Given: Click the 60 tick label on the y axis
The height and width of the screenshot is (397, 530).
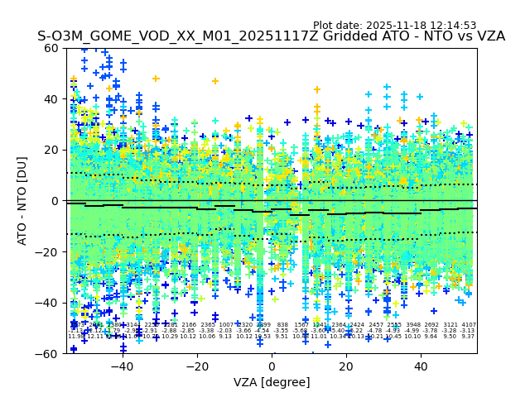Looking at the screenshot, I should click(52, 48).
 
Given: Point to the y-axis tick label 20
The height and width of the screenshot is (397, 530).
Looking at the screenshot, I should click(52, 150).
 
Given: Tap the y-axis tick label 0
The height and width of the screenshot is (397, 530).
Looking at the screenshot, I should click(55, 201).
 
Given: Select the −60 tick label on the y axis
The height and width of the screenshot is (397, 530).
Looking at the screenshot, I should click(49, 354).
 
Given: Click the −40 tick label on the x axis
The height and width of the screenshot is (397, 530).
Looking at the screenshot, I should click(122, 366).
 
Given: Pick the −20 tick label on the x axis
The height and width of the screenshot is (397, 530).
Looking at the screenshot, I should click(196, 366).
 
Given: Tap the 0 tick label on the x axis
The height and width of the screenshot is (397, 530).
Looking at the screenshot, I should click(272, 366).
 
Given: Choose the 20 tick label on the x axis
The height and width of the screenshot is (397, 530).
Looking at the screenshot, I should click(346, 366).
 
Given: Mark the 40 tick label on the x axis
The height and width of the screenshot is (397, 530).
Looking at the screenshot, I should click(421, 366).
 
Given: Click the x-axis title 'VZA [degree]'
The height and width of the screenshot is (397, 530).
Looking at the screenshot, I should click(272, 382).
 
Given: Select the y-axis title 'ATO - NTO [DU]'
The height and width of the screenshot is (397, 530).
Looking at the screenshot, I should click(23, 201).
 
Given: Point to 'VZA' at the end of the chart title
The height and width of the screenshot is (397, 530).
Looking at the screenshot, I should click(488, 37).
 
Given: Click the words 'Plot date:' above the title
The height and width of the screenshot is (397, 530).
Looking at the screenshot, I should click(340, 26).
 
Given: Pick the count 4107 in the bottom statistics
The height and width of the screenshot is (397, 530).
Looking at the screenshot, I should click(469, 325).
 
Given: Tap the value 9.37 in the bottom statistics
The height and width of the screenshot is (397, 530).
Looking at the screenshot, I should click(469, 337).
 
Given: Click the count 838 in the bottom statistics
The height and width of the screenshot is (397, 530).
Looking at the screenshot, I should click(282, 325).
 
